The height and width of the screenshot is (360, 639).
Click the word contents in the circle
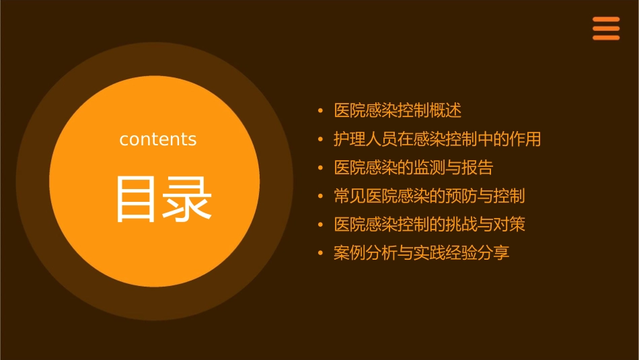[158, 139]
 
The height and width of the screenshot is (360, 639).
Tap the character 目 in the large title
[135, 199]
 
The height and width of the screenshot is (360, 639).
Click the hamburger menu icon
[606, 29]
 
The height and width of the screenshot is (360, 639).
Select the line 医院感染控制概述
[398, 110]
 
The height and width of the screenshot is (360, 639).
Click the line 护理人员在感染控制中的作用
[437, 139]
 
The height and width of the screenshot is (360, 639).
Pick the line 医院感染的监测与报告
[413, 168]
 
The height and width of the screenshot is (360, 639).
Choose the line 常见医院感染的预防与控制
[429, 196]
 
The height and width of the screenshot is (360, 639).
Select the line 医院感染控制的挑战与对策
[429, 225]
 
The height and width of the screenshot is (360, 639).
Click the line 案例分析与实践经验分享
[421, 253]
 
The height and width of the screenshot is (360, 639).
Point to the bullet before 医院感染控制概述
[320, 110]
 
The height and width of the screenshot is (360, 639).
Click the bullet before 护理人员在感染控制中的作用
[320, 139]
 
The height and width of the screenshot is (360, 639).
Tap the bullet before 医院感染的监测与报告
[320, 168]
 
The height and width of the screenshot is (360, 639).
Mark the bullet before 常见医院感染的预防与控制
[320, 196]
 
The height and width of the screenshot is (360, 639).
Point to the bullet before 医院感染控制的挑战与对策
[320, 225]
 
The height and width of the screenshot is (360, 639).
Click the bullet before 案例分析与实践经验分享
[320, 253]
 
